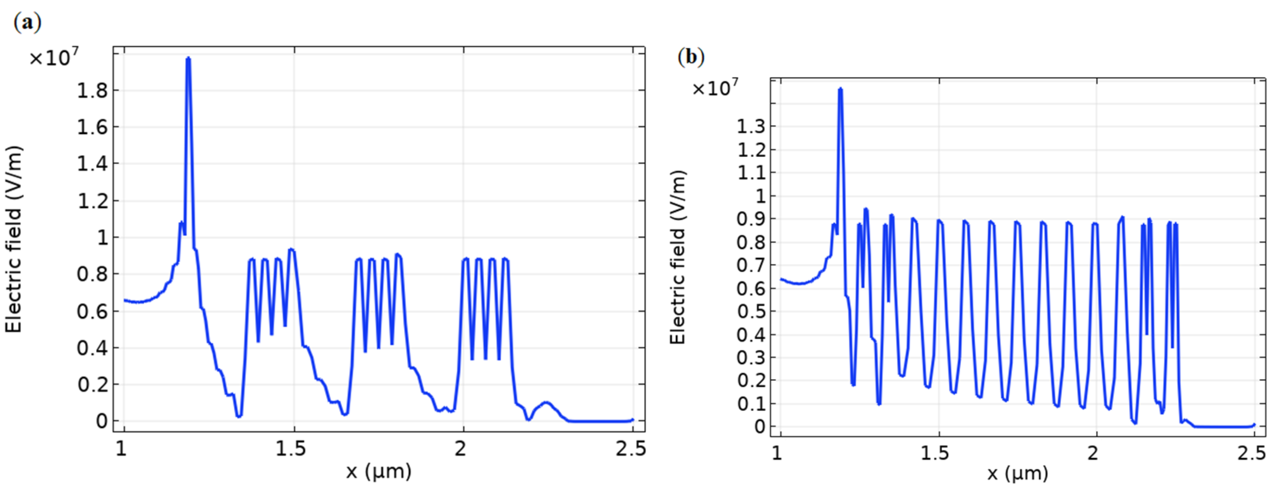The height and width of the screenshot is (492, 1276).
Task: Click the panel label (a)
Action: (27, 22)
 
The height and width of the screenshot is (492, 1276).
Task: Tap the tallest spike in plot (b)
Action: (840, 90)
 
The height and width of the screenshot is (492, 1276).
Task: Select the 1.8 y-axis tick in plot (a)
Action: (92, 91)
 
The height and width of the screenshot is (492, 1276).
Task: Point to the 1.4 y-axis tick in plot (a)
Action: (92, 163)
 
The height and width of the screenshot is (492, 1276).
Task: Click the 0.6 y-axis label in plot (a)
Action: (92, 311)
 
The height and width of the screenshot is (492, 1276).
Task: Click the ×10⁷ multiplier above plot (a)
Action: (54, 58)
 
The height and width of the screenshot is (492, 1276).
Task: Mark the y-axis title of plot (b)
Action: (678, 257)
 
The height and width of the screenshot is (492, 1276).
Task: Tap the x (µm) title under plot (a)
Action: (378, 471)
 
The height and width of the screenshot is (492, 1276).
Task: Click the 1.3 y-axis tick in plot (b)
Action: (751, 127)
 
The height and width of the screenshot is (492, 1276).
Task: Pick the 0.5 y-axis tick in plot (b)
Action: (751, 312)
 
